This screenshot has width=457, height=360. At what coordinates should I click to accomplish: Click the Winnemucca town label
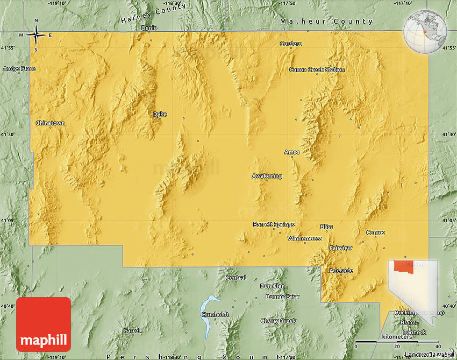click(304, 238)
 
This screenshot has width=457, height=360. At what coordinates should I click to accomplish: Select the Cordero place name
click(291, 44)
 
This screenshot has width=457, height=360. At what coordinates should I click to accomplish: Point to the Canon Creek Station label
click(317, 69)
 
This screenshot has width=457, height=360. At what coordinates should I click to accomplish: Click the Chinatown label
click(50, 123)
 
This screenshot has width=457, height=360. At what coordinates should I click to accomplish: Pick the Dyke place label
click(160, 114)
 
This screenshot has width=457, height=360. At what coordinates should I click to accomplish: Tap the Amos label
click(291, 152)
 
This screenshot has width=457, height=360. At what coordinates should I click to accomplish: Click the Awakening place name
click(267, 176)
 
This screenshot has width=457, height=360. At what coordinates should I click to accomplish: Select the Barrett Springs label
click(274, 224)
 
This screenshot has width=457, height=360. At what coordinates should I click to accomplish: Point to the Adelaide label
click(341, 270)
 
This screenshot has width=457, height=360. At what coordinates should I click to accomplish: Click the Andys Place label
click(19, 69)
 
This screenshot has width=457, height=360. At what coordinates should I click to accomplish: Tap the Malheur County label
click(326, 22)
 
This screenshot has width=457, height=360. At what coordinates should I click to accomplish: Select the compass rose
click(36, 36)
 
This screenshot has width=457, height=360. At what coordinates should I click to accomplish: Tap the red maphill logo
click(44, 324)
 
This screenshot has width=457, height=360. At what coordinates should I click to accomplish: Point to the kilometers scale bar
click(397, 342)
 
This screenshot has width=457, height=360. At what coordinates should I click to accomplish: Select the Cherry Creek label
click(278, 321)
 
